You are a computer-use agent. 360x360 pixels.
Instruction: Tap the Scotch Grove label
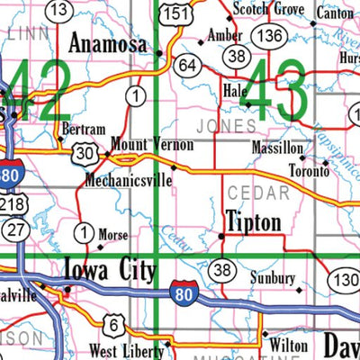(x=267, y=9)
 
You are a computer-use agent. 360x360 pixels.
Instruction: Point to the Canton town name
(x=336, y=14)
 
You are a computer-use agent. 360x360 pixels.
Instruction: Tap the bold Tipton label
(x=255, y=221)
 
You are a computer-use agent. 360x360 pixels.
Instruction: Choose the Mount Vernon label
(x=140, y=144)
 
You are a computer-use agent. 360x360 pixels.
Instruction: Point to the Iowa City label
(x=109, y=270)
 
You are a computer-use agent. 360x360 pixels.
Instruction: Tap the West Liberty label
(x=125, y=350)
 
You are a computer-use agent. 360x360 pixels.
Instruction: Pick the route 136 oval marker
(x=268, y=34)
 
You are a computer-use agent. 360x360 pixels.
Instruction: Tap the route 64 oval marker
(x=187, y=65)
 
